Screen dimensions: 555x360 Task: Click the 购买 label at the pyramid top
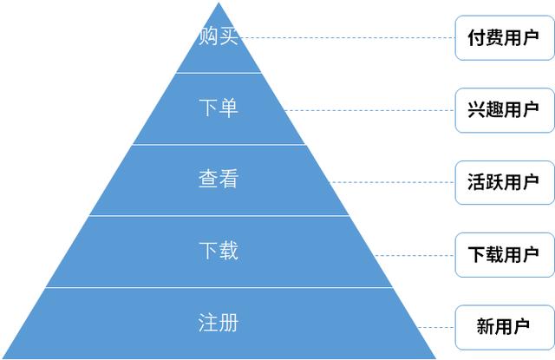(218, 36)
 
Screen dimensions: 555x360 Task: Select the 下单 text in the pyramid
(219, 108)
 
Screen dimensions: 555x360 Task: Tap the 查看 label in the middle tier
(219, 179)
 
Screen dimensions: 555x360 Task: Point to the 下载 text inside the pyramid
(219, 251)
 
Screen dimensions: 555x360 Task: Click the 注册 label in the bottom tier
(218, 323)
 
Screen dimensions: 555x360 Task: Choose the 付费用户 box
(505, 37)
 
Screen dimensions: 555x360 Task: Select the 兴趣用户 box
(505, 110)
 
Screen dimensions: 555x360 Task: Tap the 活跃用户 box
(505, 182)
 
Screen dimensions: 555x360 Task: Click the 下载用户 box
(505, 255)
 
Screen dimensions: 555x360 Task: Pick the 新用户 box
(505, 327)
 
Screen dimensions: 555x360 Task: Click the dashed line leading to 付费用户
(347, 37)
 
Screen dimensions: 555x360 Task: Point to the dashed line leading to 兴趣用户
(369, 110)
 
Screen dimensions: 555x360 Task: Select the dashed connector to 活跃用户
(392, 182)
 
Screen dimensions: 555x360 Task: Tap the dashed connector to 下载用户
(415, 255)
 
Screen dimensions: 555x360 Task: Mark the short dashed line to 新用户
(436, 327)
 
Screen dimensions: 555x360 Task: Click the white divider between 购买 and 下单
(219, 73)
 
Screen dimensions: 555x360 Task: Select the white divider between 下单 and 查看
(219, 144)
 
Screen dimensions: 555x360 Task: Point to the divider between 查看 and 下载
(219, 216)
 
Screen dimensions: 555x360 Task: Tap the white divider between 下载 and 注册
(219, 287)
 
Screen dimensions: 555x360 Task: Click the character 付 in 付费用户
(476, 37)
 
